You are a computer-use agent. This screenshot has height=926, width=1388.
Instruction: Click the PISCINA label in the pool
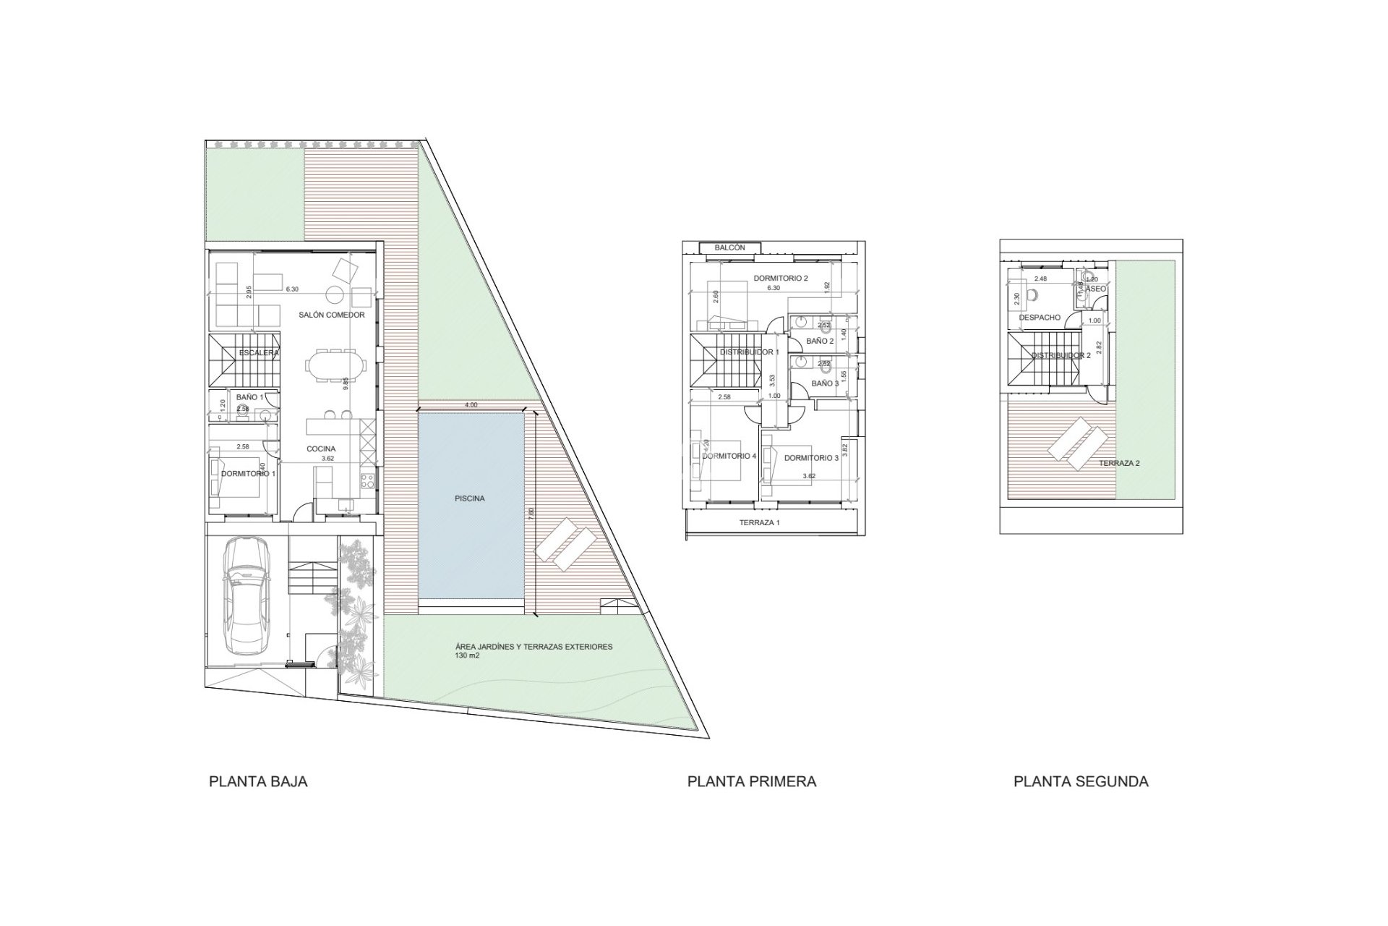click(470, 498)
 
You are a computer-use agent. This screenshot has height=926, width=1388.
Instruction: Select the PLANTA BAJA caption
click(258, 782)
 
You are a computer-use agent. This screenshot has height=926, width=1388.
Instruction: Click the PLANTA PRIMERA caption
click(752, 782)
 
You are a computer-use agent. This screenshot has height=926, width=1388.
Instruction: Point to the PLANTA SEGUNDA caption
click(1081, 782)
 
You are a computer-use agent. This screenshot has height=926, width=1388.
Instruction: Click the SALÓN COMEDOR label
click(332, 315)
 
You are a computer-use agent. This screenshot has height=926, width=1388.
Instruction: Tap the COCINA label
click(320, 449)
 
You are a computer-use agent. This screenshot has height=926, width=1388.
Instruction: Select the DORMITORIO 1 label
click(248, 474)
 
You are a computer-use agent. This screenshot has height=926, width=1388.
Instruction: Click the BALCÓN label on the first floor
click(729, 247)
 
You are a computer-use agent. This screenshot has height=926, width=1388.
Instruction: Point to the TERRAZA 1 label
click(759, 522)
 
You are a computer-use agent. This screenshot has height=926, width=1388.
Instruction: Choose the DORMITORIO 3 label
click(811, 458)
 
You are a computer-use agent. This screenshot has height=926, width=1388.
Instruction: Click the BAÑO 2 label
click(821, 341)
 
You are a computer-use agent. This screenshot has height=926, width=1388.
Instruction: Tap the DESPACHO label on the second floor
click(1040, 318)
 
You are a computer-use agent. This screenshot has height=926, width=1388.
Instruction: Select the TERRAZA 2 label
click(1119, 463)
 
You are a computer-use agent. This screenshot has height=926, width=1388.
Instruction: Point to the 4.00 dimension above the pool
click(471, 405)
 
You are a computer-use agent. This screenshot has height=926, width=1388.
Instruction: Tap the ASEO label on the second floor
click(1097, 289)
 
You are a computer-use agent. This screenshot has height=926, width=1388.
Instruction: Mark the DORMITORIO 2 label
click(780, 278)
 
